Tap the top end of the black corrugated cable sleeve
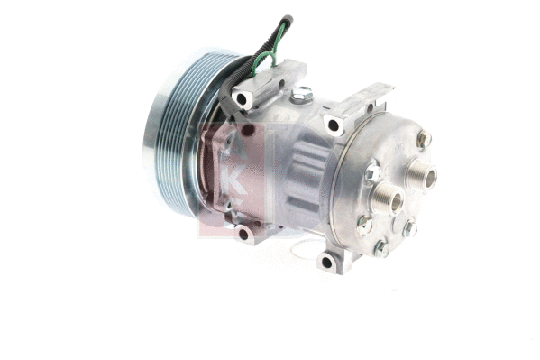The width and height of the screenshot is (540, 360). (287, 19)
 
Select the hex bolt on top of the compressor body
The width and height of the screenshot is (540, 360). (302, 93)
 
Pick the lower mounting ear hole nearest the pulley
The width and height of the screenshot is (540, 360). (243, 234)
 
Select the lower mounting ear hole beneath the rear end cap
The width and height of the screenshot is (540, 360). (326, 263)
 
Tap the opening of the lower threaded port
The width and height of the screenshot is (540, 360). (392, 200)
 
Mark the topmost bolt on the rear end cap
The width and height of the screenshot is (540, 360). (423, 139)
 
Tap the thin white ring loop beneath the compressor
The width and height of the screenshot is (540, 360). (307, 248)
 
